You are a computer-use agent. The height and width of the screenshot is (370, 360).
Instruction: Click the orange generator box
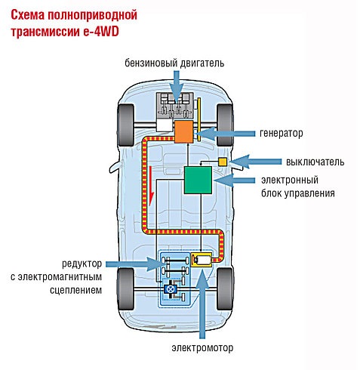click(x=183, y=131)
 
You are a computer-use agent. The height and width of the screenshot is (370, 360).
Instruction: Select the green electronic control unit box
click(x=198, y=180)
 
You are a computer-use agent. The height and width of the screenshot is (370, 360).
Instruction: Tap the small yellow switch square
click(x=223, y=162)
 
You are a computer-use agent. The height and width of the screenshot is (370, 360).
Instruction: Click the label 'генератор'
click(x=281, y=133)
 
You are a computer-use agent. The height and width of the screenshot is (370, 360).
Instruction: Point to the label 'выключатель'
click(x=315, y=162)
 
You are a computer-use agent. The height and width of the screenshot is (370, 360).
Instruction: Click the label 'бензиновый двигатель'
click(x=174, y=63)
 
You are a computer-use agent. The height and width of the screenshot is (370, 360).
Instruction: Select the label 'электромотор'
click(x=202, y=347)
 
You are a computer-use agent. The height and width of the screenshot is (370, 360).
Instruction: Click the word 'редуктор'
click(x=82, y=264)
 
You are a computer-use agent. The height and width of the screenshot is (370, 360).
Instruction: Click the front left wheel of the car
click(x=125, y=125)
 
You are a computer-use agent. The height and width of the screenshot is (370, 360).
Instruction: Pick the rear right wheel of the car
click(x=225, y=288)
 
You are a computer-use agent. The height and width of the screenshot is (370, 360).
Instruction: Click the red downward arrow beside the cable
click(x=151, y=186)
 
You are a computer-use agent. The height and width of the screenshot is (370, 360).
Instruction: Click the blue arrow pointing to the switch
click(x=254, y=162)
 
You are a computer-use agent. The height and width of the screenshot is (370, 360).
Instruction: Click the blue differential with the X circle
click(x=171, y=289)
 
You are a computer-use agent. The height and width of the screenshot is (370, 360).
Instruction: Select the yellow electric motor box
click(x=202, y=260)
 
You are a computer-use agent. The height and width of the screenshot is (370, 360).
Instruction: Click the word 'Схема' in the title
click(x=28, y=15)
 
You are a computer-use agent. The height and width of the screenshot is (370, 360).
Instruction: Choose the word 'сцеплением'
click(x=75, y=290)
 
